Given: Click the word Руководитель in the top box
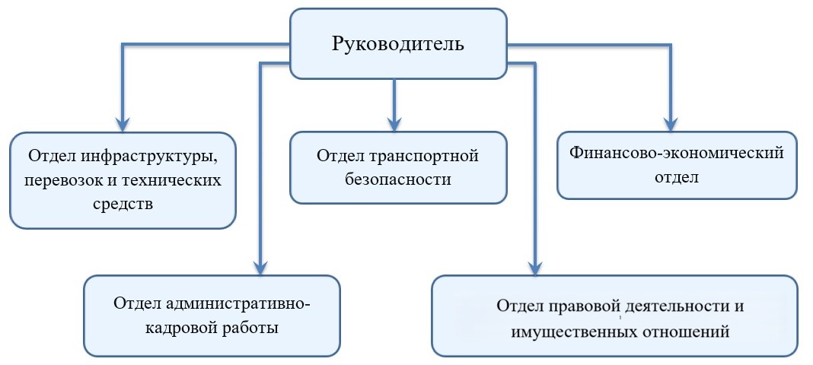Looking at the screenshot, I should pyautogui.click(x=398, y=43).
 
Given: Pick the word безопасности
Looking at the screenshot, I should pyautogui.click(x=397, y=180).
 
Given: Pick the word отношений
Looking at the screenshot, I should pyautogui.click(x=687, y=332).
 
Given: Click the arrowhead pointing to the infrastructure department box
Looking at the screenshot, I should pyautogui.click(x=123, y=123).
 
